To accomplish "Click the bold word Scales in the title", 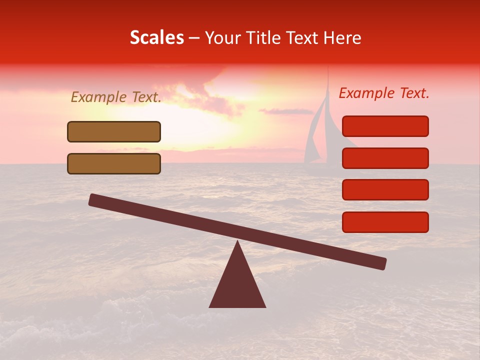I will click(x=156, y=38).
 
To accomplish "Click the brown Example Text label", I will click(x=116, y=97).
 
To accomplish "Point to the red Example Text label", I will click(x=384, y=93).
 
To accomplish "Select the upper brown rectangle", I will click(x=114, y=131).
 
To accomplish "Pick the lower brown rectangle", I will click(x=114, y=163).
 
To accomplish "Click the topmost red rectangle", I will click(x=385, y=126).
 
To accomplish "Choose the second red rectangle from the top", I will click(x=385, y=158).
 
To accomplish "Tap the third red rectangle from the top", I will click(x=385, y=190).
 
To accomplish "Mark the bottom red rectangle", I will click(x=385, y=222).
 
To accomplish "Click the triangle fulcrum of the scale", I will click(x=237, y=285).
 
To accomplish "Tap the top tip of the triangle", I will click(x=237, y=242).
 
